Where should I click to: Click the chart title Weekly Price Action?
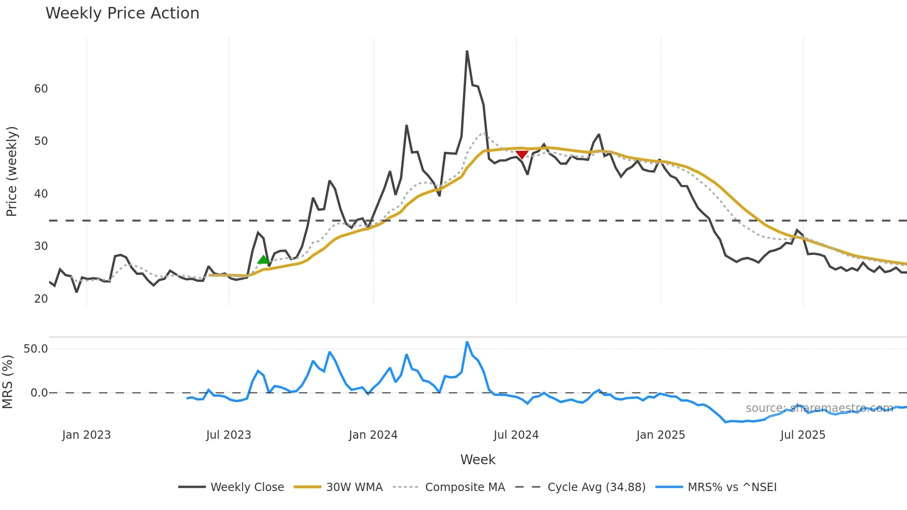coord(122,13)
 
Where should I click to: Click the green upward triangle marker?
coord(263,260)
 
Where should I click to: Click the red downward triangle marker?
coord(522,155)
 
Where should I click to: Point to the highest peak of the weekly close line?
coord(467,51)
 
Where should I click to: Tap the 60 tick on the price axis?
coord(41,89)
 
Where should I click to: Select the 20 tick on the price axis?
coord(41,299)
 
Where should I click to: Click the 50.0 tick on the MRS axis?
coord(36,349)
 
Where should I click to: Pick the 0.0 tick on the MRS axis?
coord(39,393)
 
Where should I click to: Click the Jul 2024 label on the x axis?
coord(516,435)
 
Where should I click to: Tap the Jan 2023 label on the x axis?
coord(87,435)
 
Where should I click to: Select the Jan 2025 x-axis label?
coord(660,435)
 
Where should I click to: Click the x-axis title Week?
coord(478,460)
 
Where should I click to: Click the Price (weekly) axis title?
coord(12,171)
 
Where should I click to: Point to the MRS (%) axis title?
coord(7,382)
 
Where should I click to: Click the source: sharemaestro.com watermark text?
coord(819,408)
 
